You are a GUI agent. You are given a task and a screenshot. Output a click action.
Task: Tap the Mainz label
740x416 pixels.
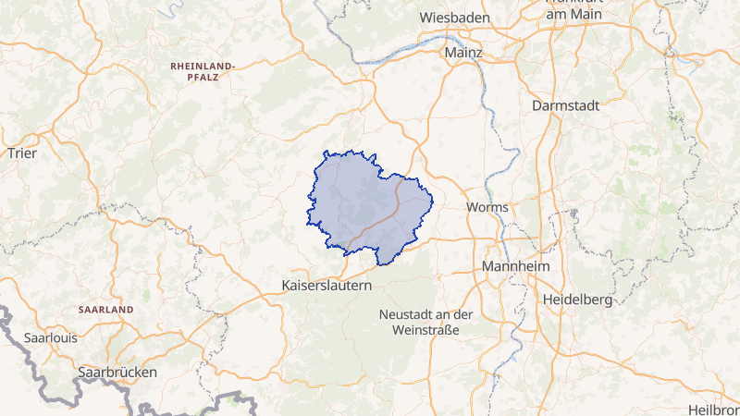coord(463,53)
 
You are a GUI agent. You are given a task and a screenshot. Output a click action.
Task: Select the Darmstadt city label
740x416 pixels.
coord(566,105)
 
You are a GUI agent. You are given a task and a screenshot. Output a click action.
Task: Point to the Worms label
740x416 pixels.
coord(487,206)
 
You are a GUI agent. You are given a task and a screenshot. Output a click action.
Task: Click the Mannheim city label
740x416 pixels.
coord(516,266)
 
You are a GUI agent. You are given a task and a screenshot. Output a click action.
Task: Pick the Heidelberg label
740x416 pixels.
coord(578,300)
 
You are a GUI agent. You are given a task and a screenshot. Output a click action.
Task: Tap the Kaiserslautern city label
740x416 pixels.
coord(327,286)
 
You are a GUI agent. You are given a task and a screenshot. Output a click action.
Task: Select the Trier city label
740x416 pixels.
coord(21,153)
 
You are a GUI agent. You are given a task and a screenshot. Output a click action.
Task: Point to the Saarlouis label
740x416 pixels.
coord(51,337)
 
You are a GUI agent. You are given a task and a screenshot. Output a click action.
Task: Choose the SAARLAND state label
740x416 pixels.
coord(106,309)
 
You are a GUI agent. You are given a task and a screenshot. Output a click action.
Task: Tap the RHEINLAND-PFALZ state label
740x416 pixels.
coord(203,73)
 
